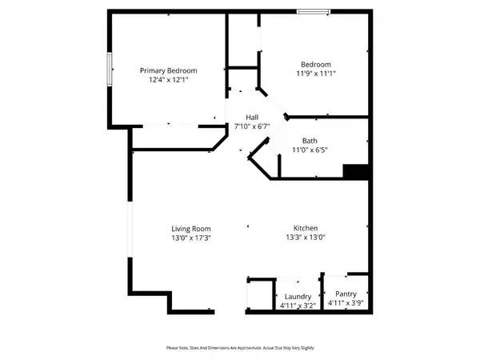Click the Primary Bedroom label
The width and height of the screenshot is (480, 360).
pyautogui.click(x=168, y=70)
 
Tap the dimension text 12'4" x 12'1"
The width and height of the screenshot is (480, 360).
pyautogui.click(x=168, y=80)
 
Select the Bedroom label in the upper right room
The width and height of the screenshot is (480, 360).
pyautogui.click(x=315, y=65)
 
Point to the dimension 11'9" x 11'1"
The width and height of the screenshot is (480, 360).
pyautogui.click(x=315, y=74)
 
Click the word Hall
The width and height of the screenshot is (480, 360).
pyautogui.click(x=251, y=118)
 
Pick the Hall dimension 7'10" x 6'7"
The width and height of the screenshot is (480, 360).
pyautogui.click(x=251, y=126)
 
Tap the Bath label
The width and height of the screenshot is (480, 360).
pyautogui.click(x=310, y=140)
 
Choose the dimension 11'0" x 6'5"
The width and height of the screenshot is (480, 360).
pyautogui.click(x=310, y=150)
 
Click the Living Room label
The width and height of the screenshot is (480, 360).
pyautogui.click(x=191, y=227)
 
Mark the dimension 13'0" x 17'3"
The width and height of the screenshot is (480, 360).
pyautogui.click(x=191, y=237)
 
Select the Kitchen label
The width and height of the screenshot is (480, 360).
pyautogui.click(x=306, y=227)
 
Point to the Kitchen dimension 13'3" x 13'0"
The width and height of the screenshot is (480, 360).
pyautogui.click(x=306, y=237)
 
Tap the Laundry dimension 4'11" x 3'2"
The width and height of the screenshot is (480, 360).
pyautogui.click(x=298, y=305)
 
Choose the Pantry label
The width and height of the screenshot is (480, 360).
pyautogui.click(x=346, y=294)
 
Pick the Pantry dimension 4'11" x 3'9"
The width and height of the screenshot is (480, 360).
pyautogui.click(x=346, y=303)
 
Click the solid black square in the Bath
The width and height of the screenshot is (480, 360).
pyautogui.click(x=354, y=171)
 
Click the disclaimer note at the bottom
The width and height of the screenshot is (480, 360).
pyautogui.click(x=240, y=347)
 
